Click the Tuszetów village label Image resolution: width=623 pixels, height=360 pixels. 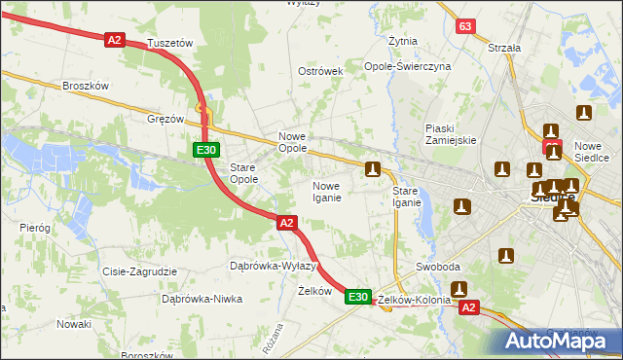coord(170,44)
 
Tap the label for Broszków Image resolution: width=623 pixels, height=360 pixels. coord(85,86)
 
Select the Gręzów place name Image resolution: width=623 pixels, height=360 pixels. coord(165,119)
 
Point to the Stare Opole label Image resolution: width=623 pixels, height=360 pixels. coord(243,173)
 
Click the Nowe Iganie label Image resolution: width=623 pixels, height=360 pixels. coord(326,192)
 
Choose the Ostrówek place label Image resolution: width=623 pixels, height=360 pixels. coord(320,72)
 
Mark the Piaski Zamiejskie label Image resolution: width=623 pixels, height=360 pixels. coord(450,134)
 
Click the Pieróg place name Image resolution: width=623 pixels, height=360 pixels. coord(34,227)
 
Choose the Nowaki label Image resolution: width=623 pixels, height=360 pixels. coord(73,323)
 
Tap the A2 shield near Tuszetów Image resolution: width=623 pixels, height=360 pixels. coord(115,39)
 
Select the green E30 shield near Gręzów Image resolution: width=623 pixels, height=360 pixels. coord(204,150)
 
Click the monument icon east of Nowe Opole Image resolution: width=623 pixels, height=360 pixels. coord(372,170)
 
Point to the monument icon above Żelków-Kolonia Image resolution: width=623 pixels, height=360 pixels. coord(458,289)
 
